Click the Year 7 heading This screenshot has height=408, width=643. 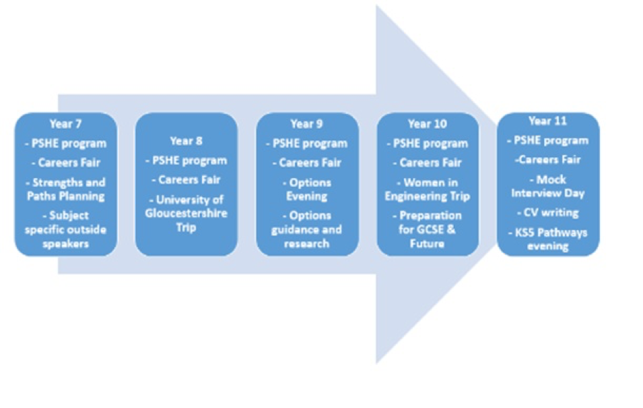[x=65, y=123]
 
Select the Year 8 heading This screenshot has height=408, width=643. [x=187, y=141]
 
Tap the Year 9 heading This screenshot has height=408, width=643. [x=307, y=123]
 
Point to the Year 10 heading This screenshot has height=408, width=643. [x=428, y=123]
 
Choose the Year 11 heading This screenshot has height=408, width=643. [x=548, y=121]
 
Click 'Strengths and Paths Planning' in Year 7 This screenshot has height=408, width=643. [x=65, y=189]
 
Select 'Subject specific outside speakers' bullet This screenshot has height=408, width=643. [x=65, y=229]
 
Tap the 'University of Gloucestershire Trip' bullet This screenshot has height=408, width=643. [x=187, y=213]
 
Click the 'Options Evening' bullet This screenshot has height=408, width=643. [x=307, y=189]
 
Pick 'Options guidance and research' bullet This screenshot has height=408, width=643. [x=307, y=229]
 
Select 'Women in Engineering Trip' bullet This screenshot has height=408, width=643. [x=428, y=189]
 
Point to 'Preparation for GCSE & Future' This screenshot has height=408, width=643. [x=428, y=229]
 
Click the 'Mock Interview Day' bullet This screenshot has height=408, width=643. [x=548, y=186]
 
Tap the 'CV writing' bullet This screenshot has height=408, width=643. [x=548, y=212]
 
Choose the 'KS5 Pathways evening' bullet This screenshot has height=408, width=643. [x=548, y=239]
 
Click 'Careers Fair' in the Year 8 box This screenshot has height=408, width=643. [x=187, y=179]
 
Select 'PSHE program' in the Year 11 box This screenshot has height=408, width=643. [x=548, y=140]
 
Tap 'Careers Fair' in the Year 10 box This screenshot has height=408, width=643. [x=428, y=163]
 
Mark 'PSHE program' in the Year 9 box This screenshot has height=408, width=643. [x=307, y=144]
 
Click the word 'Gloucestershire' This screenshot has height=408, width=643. [x=187, y=214]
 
